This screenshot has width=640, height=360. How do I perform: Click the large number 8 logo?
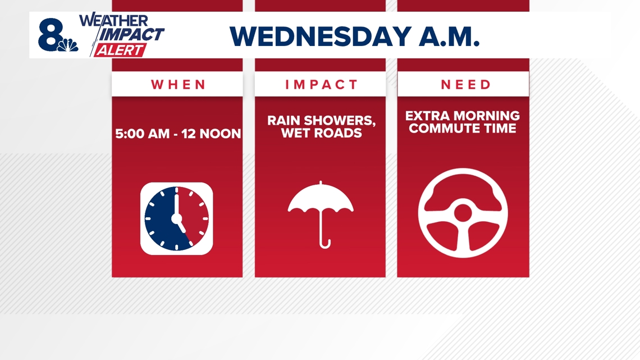(51, 35)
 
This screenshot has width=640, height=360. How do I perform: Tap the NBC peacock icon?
(68, 45)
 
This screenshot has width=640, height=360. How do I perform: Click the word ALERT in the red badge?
(120, 50)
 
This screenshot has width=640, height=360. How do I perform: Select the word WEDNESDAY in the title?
(321, 37)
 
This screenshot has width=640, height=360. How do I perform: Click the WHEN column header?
(178, 84)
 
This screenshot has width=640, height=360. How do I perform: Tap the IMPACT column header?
(321, 84)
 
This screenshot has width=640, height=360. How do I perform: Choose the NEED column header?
(465, 84)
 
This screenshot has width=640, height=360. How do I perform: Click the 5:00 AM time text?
(142, 134)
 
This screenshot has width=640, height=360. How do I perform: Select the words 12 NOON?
(211, 134)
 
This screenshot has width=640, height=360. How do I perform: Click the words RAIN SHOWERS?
(322, 121)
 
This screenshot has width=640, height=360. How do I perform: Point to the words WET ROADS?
(322, 133)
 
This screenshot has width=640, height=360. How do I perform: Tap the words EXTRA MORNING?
(463, 116)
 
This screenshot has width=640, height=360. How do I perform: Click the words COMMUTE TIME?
(463, 128)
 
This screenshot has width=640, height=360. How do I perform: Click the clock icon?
(177, 219)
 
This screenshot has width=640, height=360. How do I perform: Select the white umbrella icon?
(321, 215)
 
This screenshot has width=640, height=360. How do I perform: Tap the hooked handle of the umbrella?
(324, 243)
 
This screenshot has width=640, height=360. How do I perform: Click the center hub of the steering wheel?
(463, 213)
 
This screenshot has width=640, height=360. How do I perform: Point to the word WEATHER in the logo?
(113, 20)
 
